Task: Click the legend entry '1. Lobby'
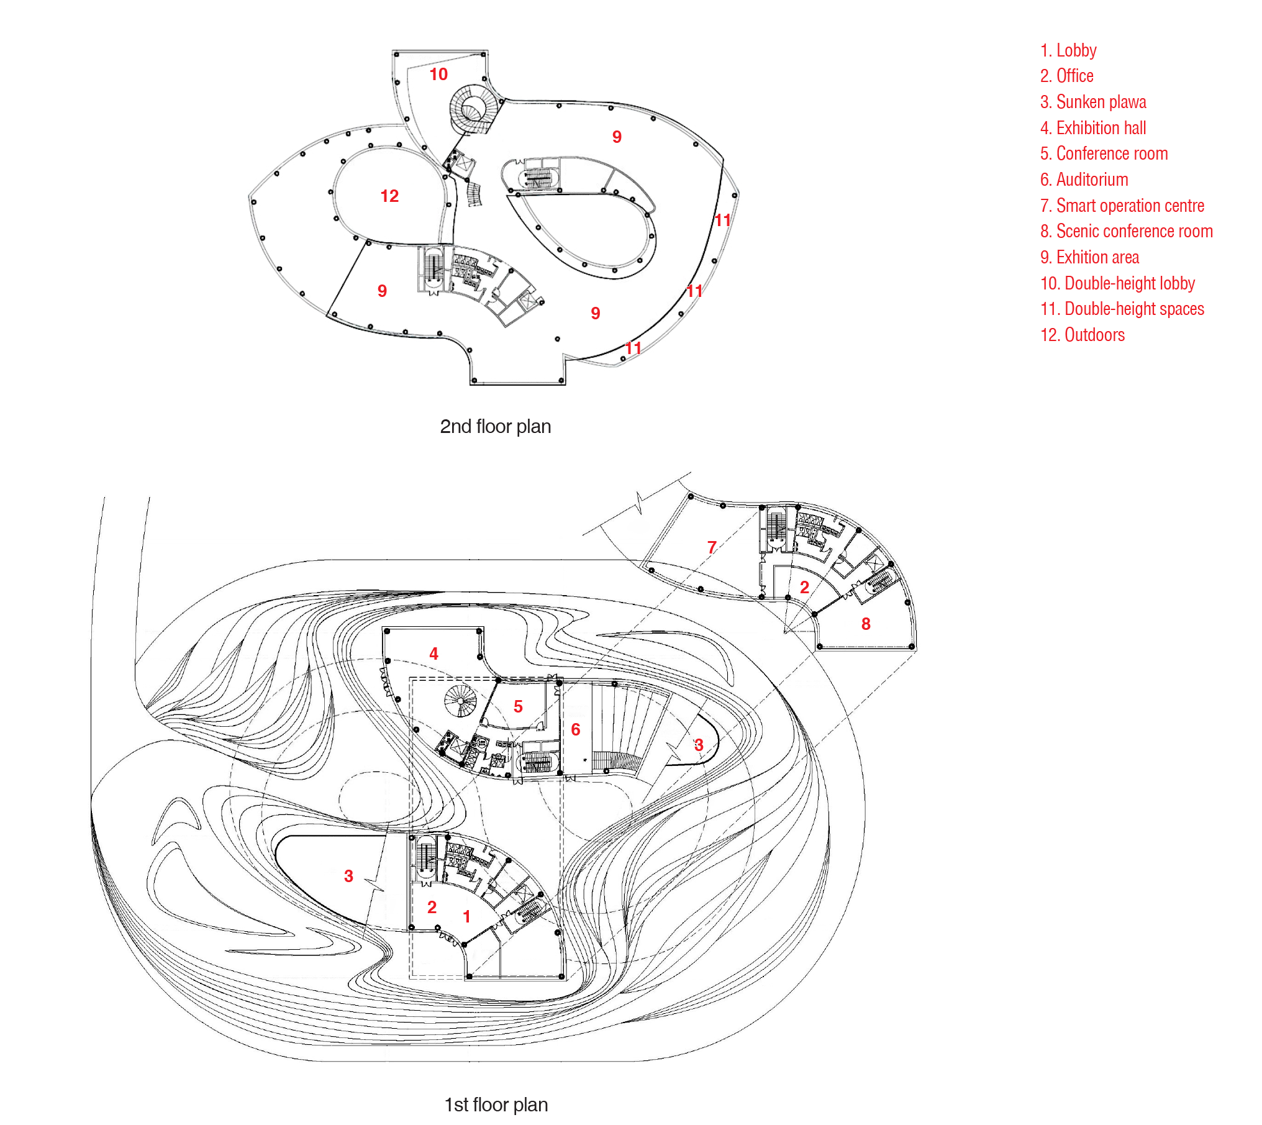tap(1068, 50)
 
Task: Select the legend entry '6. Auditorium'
tap(1084, 180)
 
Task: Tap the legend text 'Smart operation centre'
tap(1130, 206)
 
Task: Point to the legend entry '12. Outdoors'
tap(1082, 335)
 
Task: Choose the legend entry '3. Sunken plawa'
tap(1093, 102)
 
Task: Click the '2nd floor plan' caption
tap(495, 427)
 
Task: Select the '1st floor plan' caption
tap(496, 1105)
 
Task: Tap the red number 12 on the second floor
tap(389, 196)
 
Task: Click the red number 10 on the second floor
tap(438, 75)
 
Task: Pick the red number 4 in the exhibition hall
tap(434, 654)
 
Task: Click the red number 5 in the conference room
tap(518, 706)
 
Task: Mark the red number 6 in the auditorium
tap(576, 729)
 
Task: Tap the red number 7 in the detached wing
tap(712, 547)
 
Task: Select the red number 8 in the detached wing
tap(866, 624)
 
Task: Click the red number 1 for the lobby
tap(466, 916)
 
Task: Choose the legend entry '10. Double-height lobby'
tap(1117, 283)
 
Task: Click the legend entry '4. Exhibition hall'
tap(1093, 128)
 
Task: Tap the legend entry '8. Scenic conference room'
tap(1126, 231)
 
